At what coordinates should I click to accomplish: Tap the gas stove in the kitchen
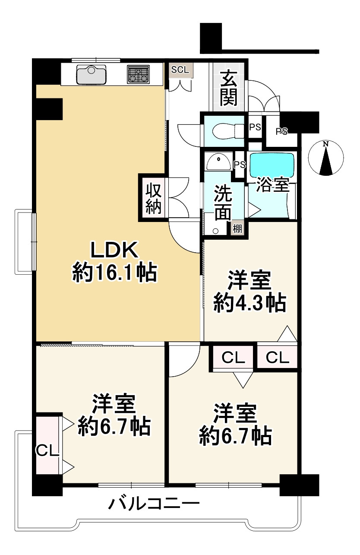point(139,74)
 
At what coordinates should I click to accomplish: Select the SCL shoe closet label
point(180,70)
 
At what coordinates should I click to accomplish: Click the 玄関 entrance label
point(228,89)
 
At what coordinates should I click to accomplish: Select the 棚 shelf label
point(238,228)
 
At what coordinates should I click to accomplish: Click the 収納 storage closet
point(153,198)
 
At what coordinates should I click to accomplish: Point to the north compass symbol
point(326,159)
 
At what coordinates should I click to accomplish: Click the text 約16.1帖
point(114,273)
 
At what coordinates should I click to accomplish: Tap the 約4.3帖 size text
point(249,304)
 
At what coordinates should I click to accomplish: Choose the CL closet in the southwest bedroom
point(47,450)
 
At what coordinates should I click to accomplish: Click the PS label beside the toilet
point(255,127)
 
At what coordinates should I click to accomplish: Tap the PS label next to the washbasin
point(240,165)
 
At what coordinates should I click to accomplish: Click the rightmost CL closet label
point(277,358)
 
